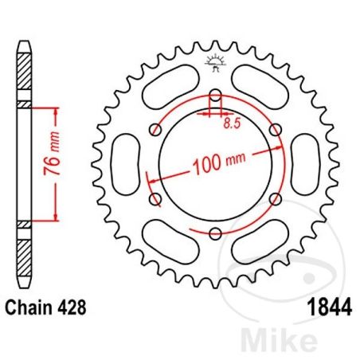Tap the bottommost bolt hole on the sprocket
pyautogui.click(x=215, y=233)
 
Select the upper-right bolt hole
pyautogui.click(x=275, y=131)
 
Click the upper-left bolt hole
pyautogui.click(x=156, y=131)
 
